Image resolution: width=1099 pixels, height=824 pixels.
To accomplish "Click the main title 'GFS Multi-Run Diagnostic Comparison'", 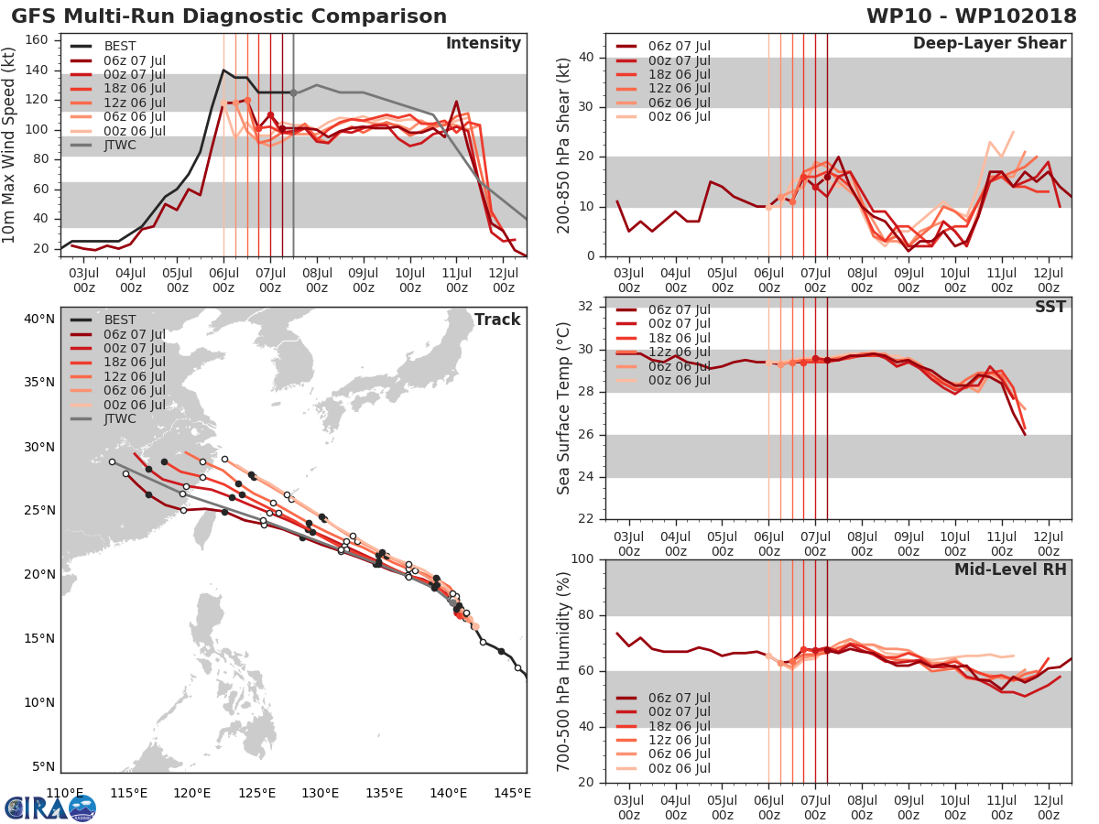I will (x=228, y=16).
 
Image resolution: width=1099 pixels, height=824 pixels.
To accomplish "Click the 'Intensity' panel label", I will (x=483, y=44).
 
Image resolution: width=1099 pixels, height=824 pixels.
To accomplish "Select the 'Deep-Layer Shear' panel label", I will (x=989, y=44).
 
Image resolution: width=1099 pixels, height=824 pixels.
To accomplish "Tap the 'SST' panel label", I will (x=1049, y=307).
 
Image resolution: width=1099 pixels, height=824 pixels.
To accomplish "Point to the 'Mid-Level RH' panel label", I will (x=1010, y=570).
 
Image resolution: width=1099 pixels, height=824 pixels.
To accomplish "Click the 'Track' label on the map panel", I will (x=496, y=320).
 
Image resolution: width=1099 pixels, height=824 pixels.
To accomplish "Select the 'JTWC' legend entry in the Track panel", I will (x=118, y=419).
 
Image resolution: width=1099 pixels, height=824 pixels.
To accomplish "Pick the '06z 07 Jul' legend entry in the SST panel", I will (x=679, y=309).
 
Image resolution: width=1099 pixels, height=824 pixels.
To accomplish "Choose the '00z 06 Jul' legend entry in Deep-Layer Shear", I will (x=679, y=116).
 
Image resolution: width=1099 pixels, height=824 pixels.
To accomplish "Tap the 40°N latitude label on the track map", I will (x=38, y=320).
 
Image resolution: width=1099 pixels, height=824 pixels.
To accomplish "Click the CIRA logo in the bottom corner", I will (x=49, y=808).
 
